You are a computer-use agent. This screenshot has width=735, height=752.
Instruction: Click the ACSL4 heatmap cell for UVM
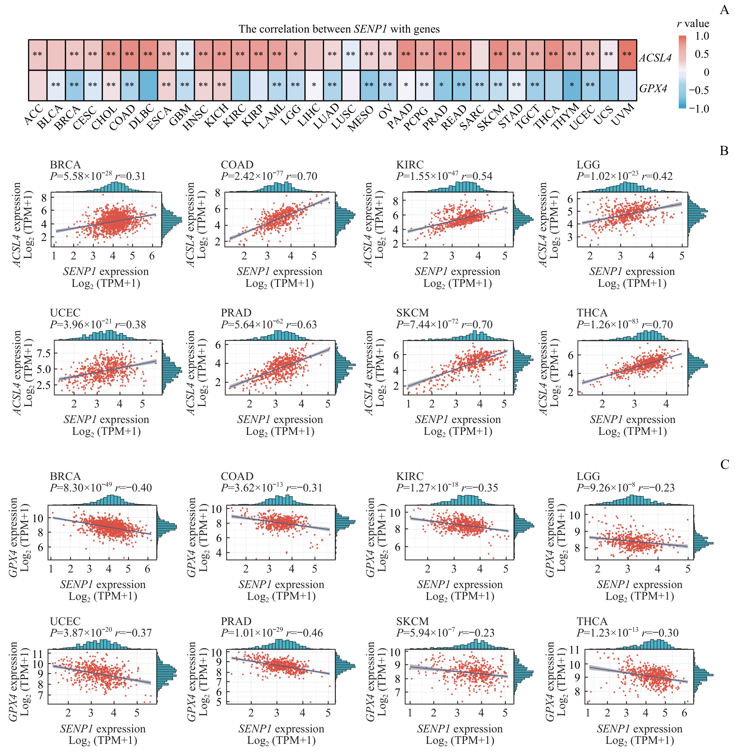[x=627, y=54]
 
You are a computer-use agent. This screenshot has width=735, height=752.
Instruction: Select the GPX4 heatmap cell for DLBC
[x=148, y=85]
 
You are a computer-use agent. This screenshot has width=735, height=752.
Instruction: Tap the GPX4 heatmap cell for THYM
[x=572, y=85]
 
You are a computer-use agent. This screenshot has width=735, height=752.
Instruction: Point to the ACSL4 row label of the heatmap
[x=655, y=58]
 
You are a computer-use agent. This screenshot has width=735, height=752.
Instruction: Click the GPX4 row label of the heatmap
[x=653, y=88]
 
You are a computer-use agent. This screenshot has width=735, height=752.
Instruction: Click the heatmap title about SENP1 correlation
[x=339, y=29]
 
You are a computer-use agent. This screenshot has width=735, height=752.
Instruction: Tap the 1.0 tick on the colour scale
[x=702, y=36]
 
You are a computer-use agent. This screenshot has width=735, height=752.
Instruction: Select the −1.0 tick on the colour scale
[x=699, y=108]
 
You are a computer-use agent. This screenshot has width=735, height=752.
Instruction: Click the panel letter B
[x=724, y=151]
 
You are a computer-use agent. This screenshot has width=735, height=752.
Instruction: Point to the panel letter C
[x=725, y=464]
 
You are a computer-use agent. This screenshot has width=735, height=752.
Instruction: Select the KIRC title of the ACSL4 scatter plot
[x=410, y=165]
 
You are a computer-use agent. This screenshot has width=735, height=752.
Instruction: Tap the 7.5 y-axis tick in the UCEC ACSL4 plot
[x=43, y=353]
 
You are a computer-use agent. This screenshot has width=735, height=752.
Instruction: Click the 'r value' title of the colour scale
[x=693, y=24]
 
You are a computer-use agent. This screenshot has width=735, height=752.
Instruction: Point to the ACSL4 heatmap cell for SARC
[x=480, y=54]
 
